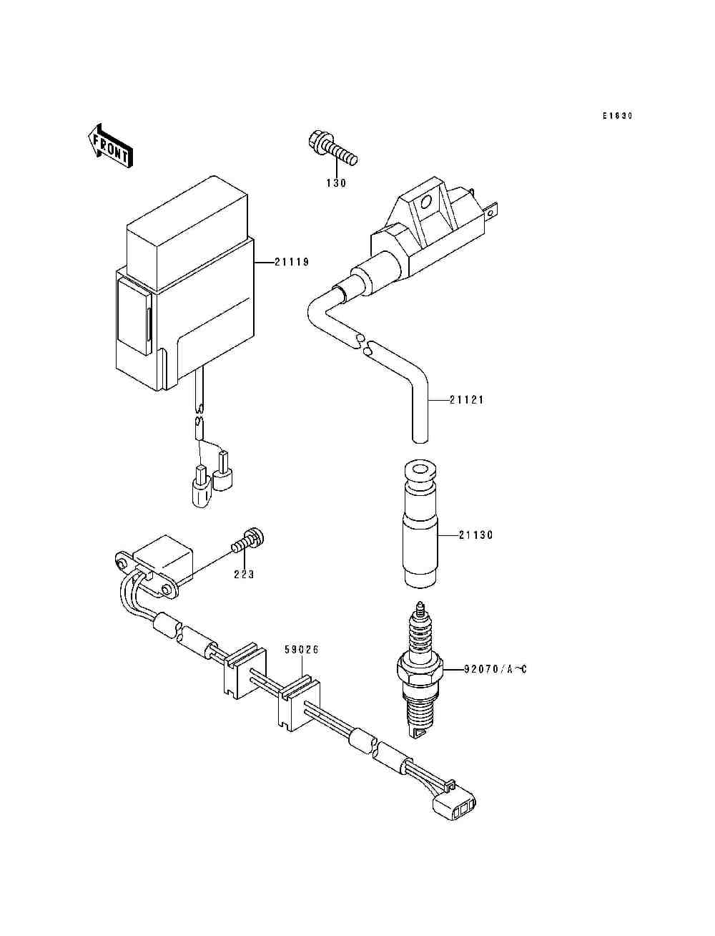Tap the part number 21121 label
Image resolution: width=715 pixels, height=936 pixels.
click(x=467, y=400)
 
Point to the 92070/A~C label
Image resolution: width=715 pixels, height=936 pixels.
click(x=495, y=670)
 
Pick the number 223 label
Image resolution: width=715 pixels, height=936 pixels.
click(x=244, y=574)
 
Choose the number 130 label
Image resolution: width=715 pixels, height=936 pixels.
click(x=335, y=183)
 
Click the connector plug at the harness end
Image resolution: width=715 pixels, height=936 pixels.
click(x=455, y=806)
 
